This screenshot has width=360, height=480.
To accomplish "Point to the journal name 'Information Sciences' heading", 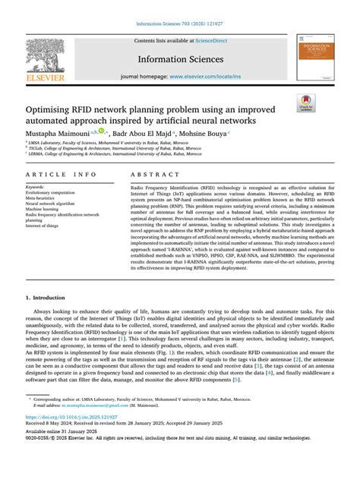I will (x=179, y=58).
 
